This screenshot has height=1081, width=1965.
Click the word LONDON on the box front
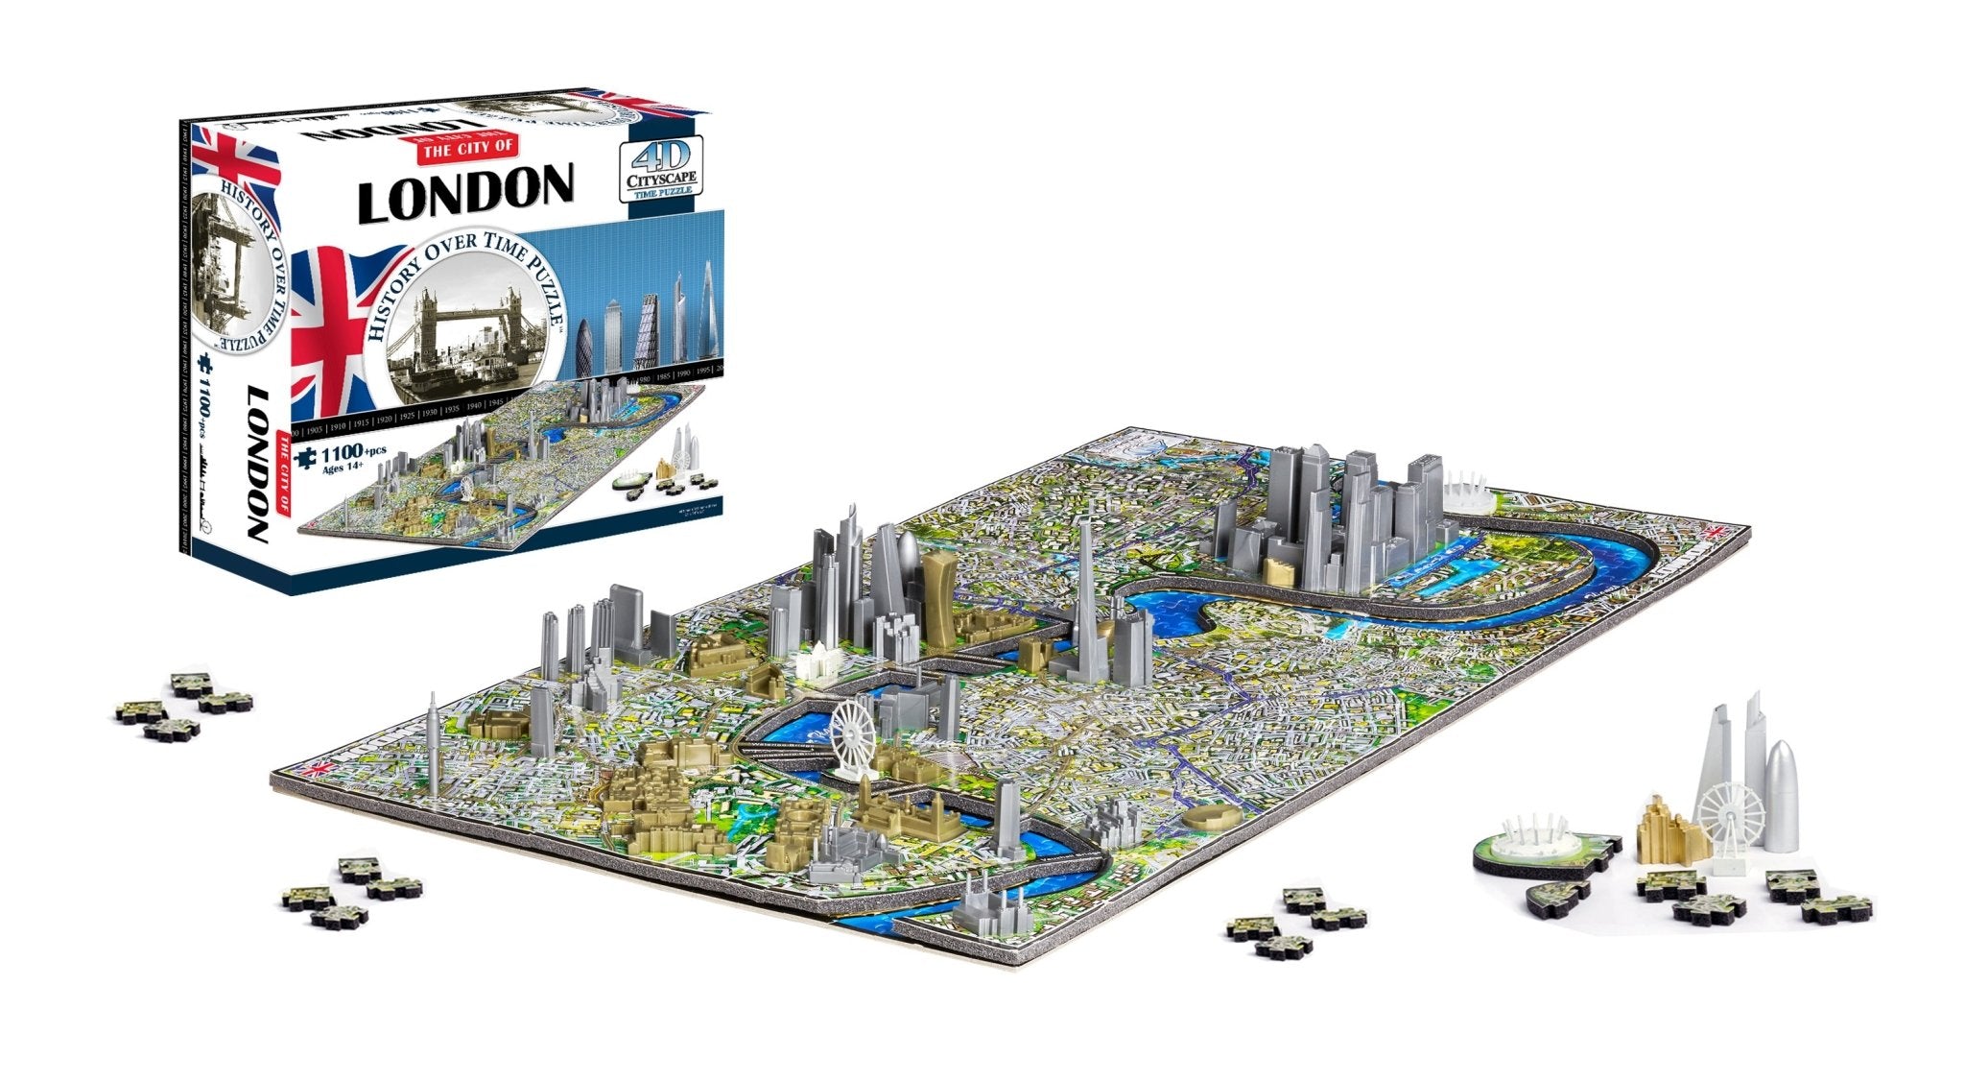(x=465, y=191)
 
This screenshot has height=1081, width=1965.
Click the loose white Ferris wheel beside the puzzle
(x=1730, y=817)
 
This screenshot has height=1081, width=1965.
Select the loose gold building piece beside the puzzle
(x=1669, y=829)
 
